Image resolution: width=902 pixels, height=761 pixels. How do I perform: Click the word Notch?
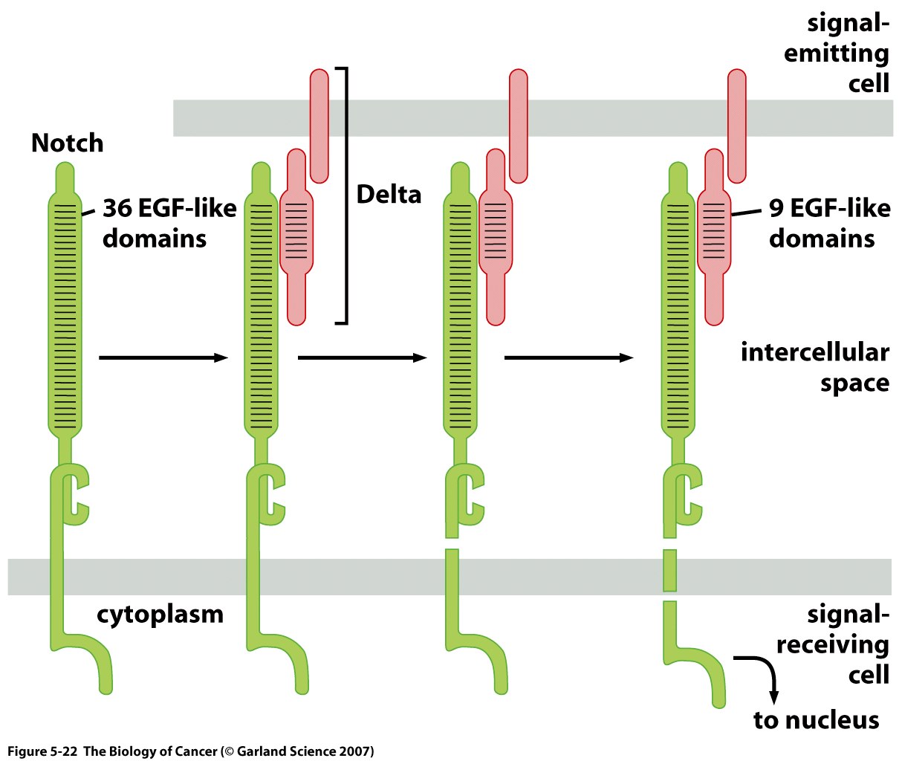[67, 143]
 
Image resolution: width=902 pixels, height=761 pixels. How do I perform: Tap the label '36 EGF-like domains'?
[169, 223]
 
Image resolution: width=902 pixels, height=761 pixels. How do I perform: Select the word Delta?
[389, 195]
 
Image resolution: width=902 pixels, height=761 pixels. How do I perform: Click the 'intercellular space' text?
[815, 367]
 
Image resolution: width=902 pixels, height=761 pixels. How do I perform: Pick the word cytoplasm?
[160, 615]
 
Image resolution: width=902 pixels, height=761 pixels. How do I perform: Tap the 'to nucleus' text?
[816, 720]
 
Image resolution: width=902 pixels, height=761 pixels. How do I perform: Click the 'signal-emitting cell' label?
[837, 54]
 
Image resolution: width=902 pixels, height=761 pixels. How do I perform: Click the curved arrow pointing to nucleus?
[765, 673]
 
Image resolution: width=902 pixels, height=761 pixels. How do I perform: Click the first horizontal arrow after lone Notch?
[163, 358]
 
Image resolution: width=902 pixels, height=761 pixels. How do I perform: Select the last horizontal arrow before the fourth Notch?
[568, 358]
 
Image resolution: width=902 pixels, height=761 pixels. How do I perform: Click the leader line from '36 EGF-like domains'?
[90, 213]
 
